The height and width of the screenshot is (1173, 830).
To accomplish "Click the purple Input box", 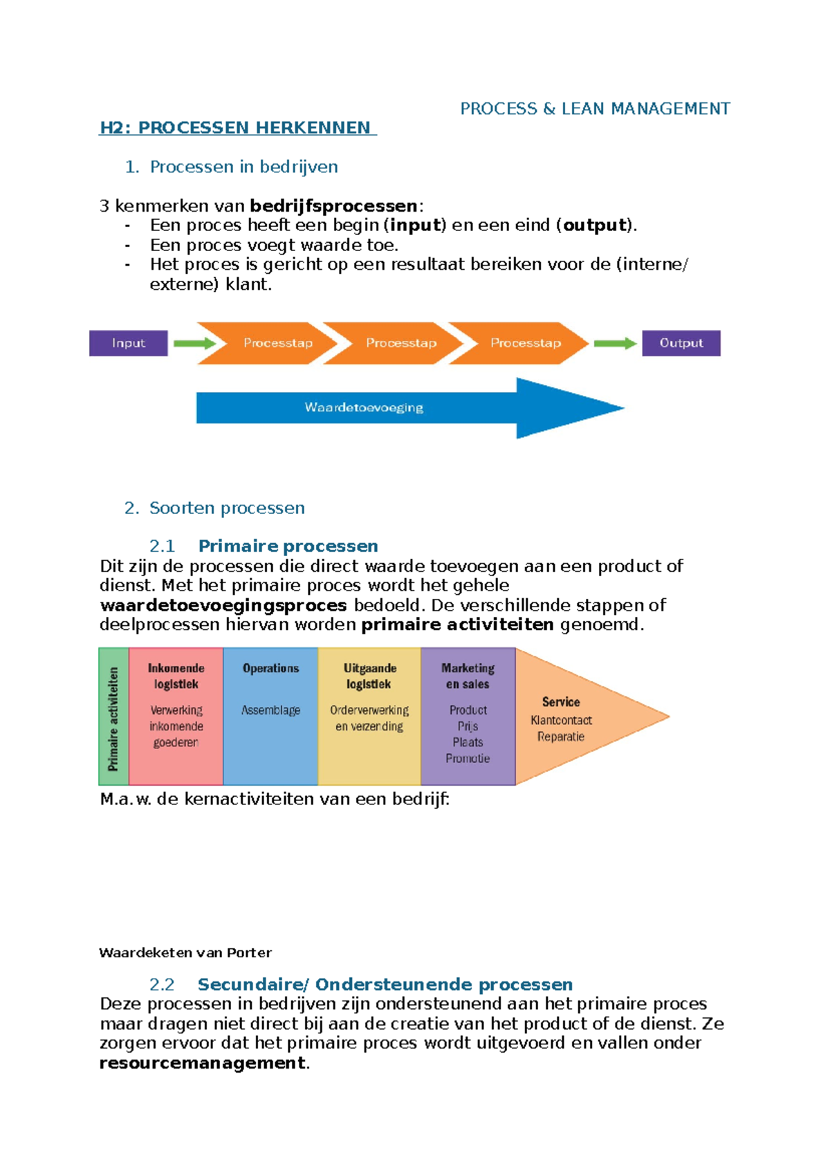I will (x=129, y=343).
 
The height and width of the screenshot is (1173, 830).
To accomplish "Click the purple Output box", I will (x=681, y=343).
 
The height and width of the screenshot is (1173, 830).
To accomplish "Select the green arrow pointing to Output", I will (x=615, y=343).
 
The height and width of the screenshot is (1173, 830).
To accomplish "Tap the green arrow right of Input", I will (x=195, y=343).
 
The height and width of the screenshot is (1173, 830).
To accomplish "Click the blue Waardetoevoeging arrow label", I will (x=364, y=408).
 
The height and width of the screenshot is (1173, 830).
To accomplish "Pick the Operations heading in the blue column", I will (x=270, y=668).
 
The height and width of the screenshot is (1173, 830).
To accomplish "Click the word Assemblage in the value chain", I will (x=270, y=710).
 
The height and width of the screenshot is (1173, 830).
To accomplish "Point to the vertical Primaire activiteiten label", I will (x=113, y=718).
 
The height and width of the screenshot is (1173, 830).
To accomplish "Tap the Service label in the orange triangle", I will (x=561, y=702).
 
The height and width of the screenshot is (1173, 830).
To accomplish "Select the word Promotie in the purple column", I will (x=468, y=759).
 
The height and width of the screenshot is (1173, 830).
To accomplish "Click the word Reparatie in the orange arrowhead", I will (x=561, y=737).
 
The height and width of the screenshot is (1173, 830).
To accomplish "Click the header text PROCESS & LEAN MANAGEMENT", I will (x=595, y=109).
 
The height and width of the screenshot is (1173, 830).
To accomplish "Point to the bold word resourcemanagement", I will (x=202, y=1063).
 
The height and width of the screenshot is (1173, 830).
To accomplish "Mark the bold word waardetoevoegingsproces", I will (x=223, y=606).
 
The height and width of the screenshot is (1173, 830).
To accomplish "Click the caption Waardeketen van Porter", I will (x=185, y=953).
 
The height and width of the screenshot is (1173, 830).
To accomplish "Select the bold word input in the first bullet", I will (x=414, y=225).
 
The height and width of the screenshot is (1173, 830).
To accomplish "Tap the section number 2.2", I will (x=162, y=985).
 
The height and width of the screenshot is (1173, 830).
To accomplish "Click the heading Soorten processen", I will (x=227, y=508).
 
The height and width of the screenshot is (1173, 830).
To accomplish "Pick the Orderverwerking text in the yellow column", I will (x=369, y=710).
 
